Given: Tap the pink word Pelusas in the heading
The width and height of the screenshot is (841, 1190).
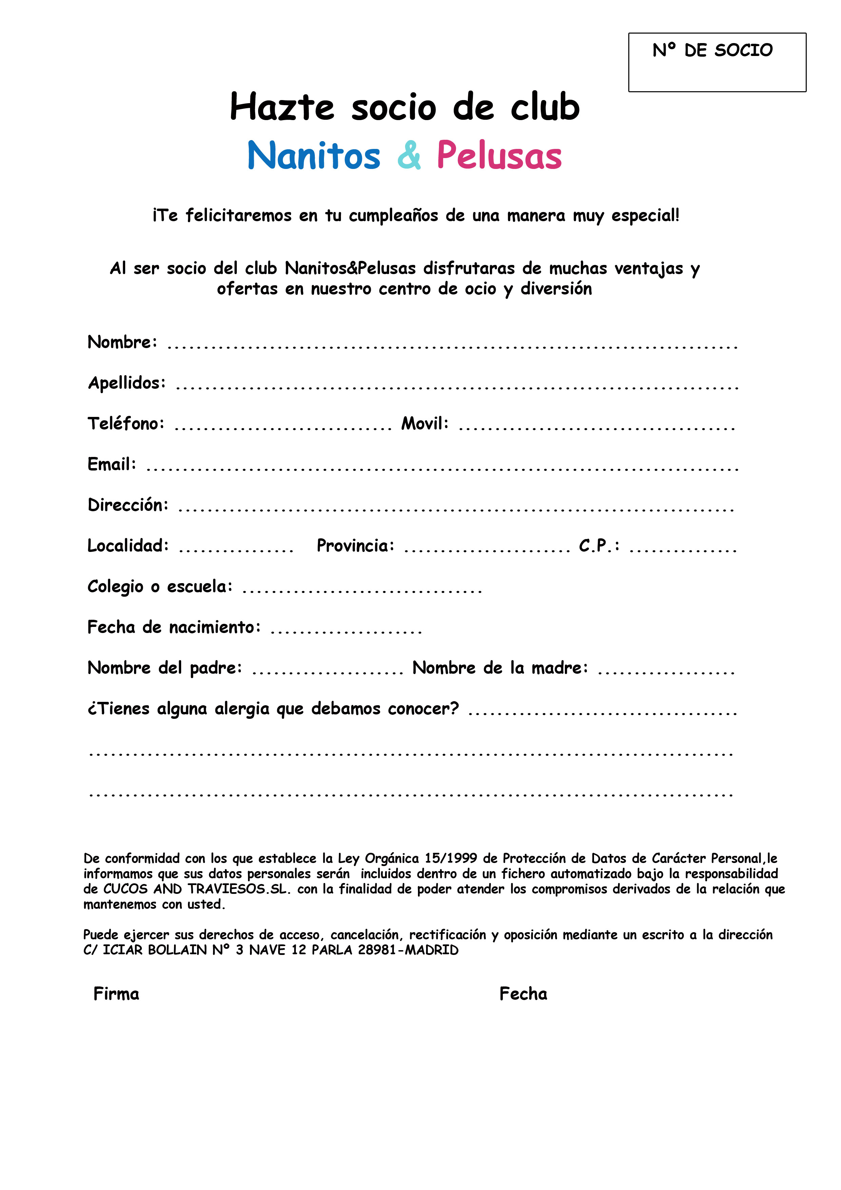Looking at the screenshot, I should pyautogui.click(x=499, y=155).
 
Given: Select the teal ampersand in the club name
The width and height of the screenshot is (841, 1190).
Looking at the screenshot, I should pyautogui.click(x=409, y=155).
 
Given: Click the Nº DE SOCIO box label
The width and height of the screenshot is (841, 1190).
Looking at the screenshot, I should pyautogui.click(x=712, y=50).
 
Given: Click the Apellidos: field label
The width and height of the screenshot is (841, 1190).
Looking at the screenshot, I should pyautogui.click(x=127, y=383).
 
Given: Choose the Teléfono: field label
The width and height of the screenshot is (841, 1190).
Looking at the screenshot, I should pyautogui.click(x=126, y=423).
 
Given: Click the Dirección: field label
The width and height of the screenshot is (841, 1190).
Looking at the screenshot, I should pyautogui.click(x=128, y=505).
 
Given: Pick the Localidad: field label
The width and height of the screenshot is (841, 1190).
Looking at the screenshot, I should pyautogui.click(x=128, y=545).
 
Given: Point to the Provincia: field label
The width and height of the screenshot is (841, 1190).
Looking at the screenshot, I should pyautogui.click(x=356, y=545).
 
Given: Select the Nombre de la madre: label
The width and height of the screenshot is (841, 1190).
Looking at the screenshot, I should pyautogui.click(x=500, y=668).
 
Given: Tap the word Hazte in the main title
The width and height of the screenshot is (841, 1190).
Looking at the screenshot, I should pyautogui.click(x=282, y=107).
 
